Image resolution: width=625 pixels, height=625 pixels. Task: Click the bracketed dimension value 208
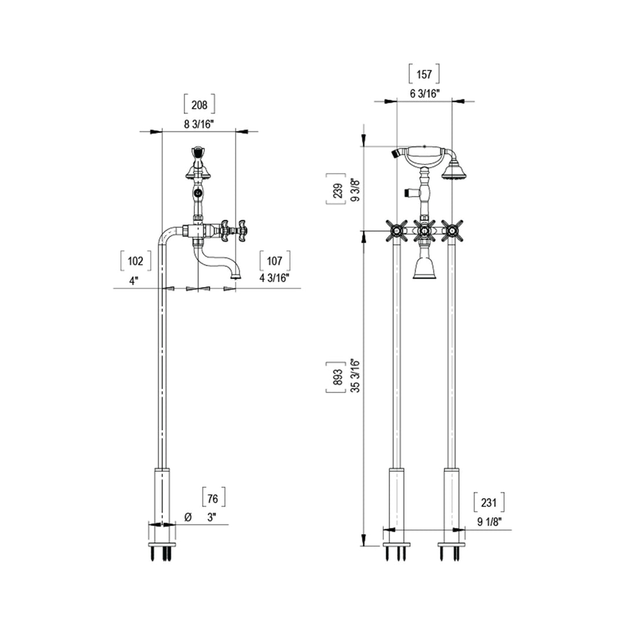[x=199, y=104]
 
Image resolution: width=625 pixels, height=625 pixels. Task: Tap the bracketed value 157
[x=424, y=74]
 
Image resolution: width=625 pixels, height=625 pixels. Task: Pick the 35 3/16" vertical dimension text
[x=355, y=376]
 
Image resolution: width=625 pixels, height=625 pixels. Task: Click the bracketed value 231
[x=488, y=502]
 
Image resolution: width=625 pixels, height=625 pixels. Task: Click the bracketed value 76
[x=214, y=498]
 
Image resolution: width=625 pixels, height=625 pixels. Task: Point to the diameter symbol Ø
[x=187, y=517]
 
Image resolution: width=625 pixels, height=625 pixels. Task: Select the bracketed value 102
[x=135, y=261]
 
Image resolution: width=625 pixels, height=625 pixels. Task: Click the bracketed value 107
[x=275, y=261]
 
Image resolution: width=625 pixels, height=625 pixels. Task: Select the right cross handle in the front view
[x=451, y=231]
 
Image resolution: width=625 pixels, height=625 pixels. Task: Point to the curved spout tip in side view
[x=234, y=276]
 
